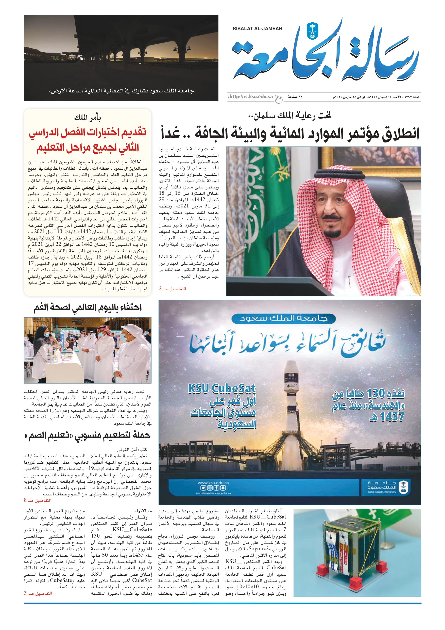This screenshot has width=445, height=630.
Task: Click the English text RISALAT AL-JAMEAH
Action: [257, 28]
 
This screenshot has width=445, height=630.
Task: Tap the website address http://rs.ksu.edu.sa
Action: [250, 96]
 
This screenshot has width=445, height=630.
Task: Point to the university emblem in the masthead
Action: [312, 31]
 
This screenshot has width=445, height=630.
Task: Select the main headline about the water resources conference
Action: [290, 134]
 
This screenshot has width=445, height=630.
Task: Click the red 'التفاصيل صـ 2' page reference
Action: [172, 289]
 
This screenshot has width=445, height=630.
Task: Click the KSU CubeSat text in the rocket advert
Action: [222, 389]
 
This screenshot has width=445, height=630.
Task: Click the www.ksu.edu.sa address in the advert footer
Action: [213, 483]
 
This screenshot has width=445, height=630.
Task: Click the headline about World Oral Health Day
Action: [88, 308]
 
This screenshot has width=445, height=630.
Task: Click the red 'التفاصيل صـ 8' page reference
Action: [38, 500]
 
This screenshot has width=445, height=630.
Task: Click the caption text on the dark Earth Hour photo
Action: [121, 91]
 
